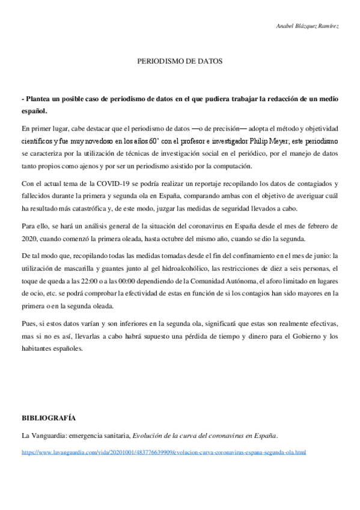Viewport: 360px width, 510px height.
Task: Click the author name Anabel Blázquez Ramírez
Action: coord(307,27)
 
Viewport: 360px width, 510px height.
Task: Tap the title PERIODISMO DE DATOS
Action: coord(180,61)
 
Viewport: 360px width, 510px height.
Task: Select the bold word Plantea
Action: coord(38,99)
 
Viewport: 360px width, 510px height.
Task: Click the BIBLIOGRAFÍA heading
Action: coord(48,417)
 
